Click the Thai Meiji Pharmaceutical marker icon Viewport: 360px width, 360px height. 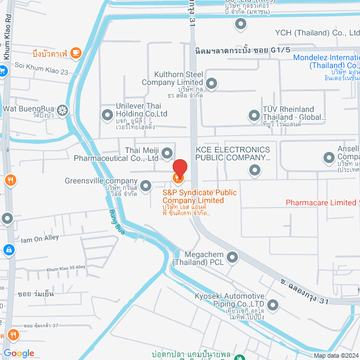coord(167,152)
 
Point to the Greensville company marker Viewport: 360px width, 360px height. coord(146,185)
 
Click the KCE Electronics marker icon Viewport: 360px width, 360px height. coord(255,169)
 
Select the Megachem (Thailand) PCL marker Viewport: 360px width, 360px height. coord(232,258)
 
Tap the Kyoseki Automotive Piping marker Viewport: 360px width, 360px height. coord(273,305)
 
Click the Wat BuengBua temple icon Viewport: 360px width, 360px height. coord(62,109)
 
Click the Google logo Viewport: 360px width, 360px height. coord(19,353)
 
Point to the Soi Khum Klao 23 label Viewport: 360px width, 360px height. coord(42,72)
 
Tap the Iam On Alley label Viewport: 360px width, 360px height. coord(39,238)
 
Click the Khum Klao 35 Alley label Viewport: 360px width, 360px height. coord(66,268)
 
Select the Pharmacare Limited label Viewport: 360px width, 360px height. coord(321,202)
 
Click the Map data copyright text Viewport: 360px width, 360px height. coord(336,355)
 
